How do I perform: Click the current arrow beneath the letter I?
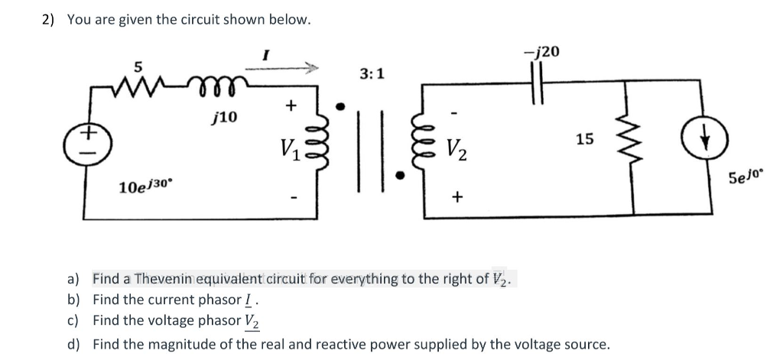click(286, 70)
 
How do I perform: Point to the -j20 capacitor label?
click(543, 51)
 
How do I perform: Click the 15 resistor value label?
click(584, 139)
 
